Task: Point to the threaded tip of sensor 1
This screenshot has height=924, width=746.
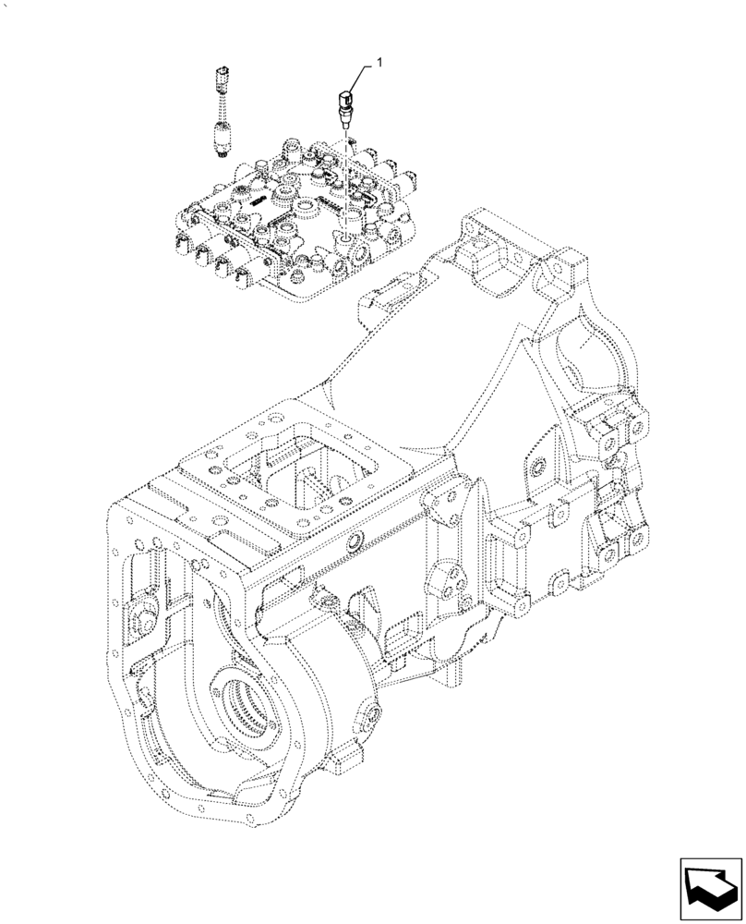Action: coord(345,117)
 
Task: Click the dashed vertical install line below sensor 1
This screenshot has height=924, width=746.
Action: coord(345,176)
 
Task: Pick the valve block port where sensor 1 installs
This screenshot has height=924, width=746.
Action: coord(344,238)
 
